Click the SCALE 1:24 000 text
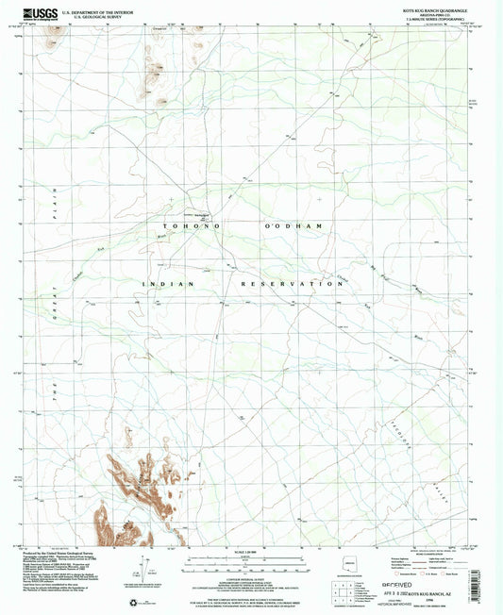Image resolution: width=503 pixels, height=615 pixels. tap(249, 552)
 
